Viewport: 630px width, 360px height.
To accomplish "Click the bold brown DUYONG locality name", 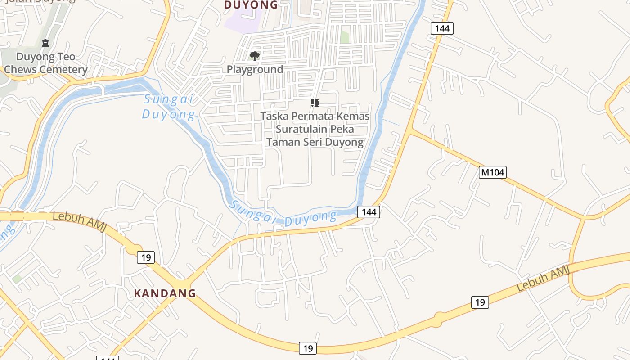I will [x=251, y=5].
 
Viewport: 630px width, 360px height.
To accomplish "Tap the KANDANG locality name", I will [x=165, y=293].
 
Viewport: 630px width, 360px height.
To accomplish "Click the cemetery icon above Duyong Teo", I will [x=45, y=44].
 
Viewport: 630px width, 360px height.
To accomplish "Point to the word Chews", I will [x=21, y=70].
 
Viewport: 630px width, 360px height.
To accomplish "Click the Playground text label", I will [x=255, y=69].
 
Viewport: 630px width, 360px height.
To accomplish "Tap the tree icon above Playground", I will [x=254, y=56].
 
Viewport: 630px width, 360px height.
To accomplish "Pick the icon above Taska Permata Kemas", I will [x=315, y=103].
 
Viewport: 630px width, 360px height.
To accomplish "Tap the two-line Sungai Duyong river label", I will [x=169, y=107].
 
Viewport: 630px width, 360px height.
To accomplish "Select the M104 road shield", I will [x=492, y=172].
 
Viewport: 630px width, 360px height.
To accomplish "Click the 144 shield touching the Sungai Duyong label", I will [x=369, y=211].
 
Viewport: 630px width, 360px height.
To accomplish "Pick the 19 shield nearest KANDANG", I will [x=146, y=257].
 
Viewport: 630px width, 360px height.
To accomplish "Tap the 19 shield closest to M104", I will [x=480, y=302].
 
